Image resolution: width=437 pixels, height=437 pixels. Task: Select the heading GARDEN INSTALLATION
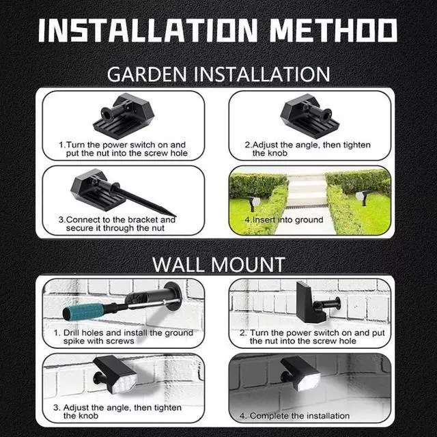[x=218, y=74]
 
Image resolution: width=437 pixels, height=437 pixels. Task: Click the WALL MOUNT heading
[x=218, y=263]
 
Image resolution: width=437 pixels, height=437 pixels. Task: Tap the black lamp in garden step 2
[x=304, y=112]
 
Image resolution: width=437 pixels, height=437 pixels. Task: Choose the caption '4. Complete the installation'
[x=294, y=415]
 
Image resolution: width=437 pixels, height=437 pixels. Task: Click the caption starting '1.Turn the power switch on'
[x=122, y=149]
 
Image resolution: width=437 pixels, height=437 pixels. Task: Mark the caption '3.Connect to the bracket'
[x=116, y=224]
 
